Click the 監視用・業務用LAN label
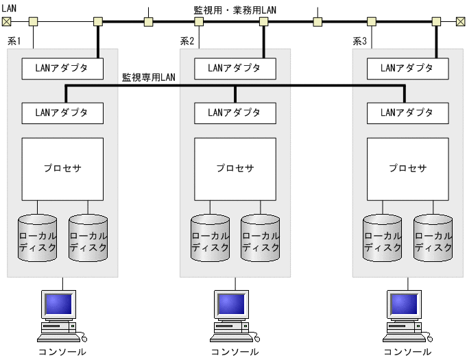235,11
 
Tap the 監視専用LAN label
149,77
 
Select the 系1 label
14,41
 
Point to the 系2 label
187,41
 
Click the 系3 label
360,41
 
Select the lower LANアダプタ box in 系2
235,112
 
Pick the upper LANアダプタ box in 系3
408,68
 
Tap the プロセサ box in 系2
235,169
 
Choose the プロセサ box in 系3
408,169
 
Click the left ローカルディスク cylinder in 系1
37,237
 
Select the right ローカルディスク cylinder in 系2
261,237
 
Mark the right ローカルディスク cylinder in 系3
433,237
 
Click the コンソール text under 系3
407,352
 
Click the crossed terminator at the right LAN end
460,22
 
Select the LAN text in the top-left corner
10,7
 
